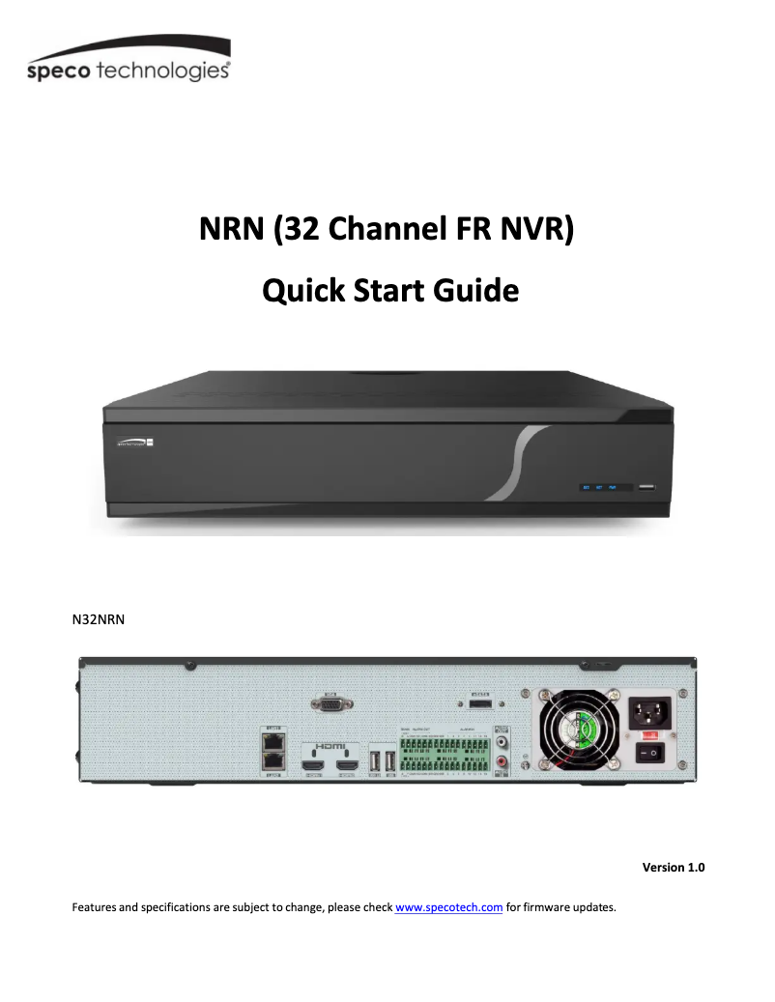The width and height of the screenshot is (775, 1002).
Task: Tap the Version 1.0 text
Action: [674, 867]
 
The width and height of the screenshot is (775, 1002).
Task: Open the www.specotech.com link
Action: [449, 907]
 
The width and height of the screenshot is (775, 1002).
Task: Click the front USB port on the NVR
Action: [645, 487]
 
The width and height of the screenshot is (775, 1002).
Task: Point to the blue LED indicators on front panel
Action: [599, 487]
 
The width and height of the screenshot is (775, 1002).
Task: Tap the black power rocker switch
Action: [650, 752]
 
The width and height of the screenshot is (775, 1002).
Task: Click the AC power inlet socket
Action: [650, 714]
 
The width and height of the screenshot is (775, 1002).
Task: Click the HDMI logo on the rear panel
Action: [330, 747]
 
